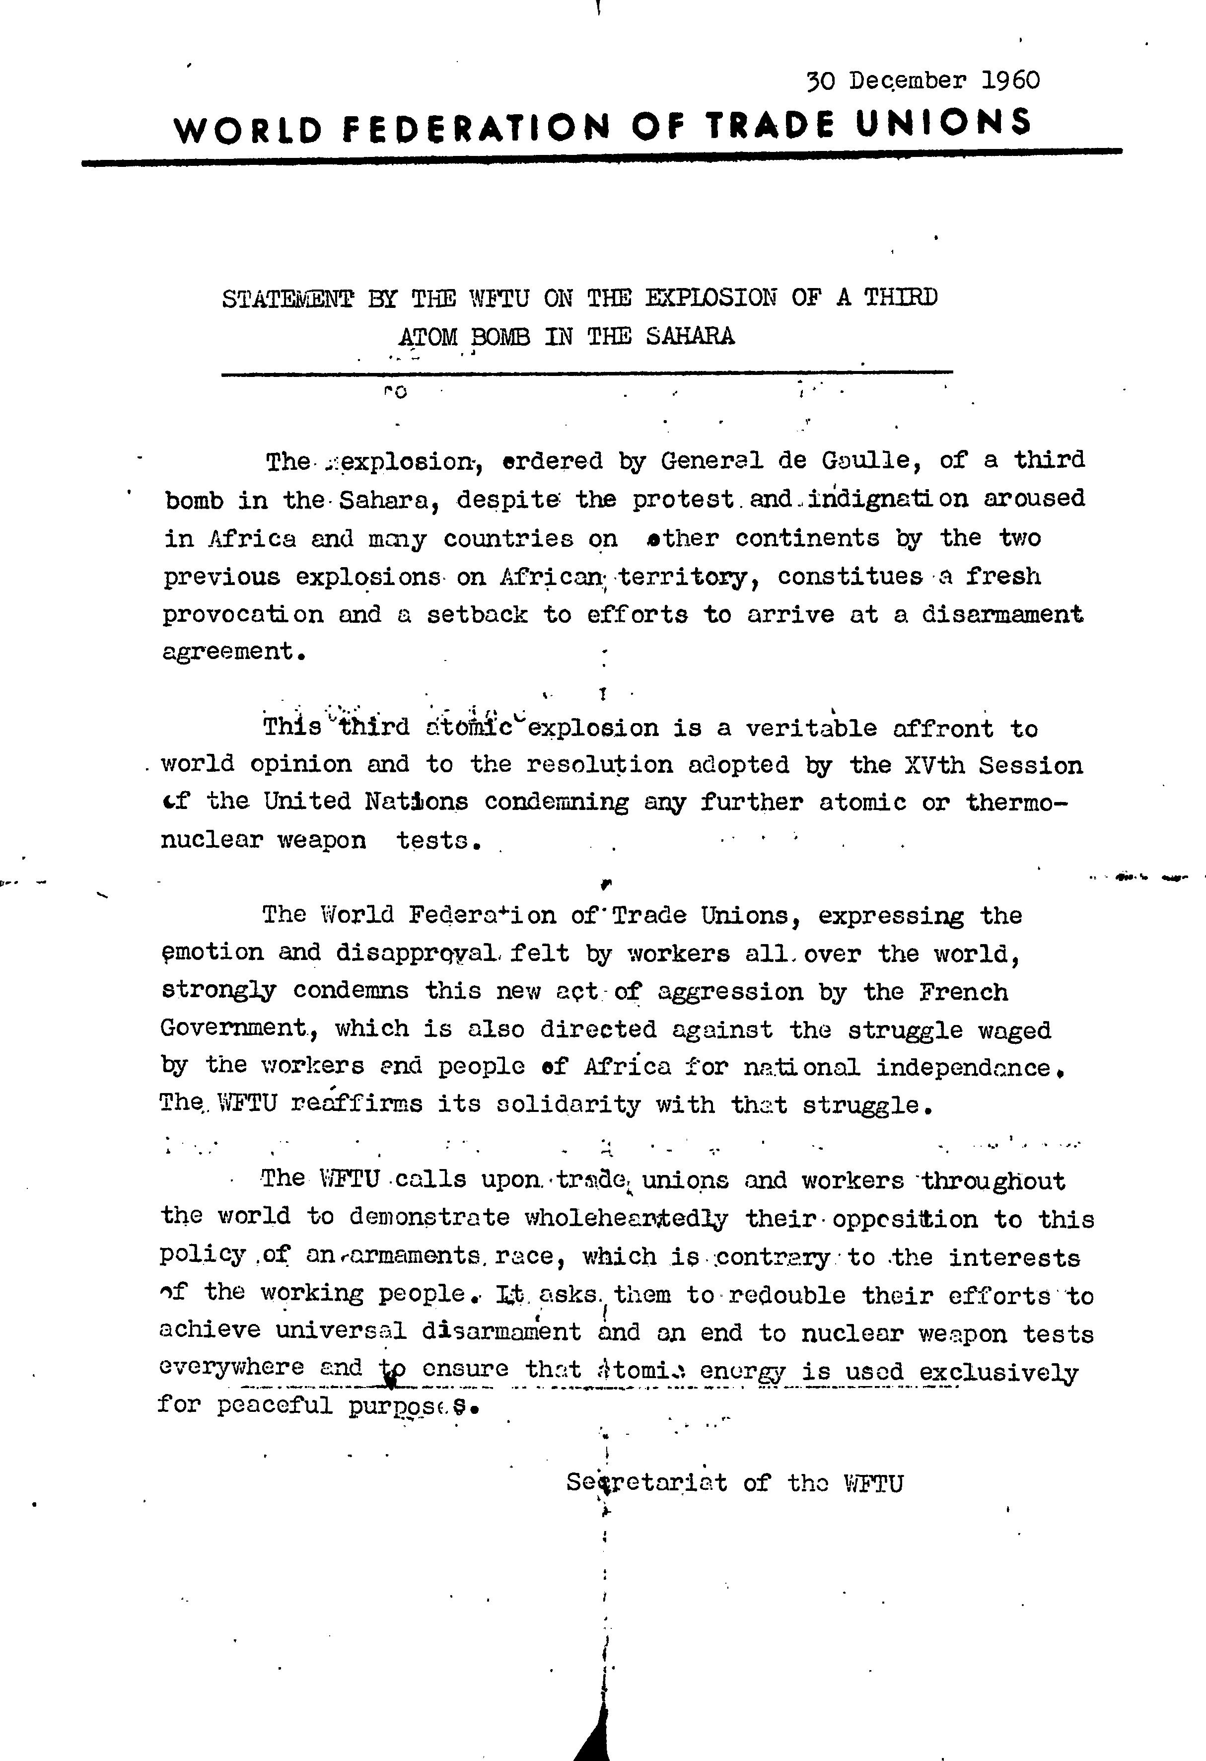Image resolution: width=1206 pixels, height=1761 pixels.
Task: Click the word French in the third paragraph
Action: tap(964, 992)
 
